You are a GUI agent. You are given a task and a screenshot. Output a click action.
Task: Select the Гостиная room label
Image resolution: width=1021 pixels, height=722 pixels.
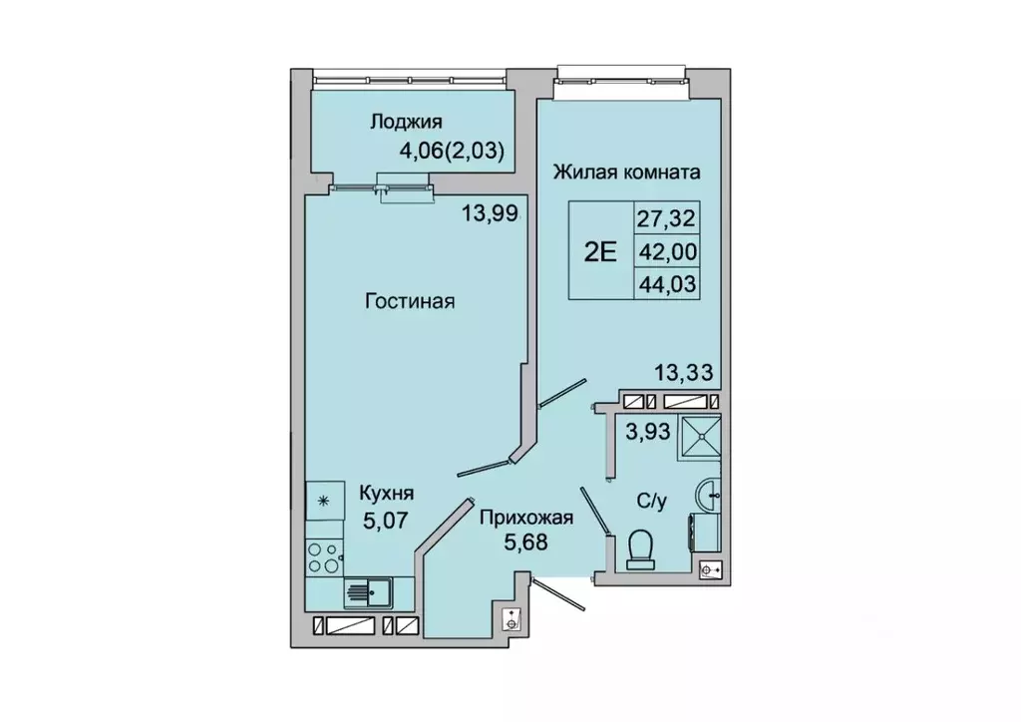point(409,301)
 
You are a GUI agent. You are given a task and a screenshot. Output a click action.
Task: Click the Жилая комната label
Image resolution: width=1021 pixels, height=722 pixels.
point(627,172)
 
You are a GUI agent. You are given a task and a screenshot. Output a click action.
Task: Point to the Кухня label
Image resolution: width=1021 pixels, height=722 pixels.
point(386,493)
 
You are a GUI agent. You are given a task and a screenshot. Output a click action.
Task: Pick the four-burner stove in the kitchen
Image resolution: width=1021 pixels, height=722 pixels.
point(323,556)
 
